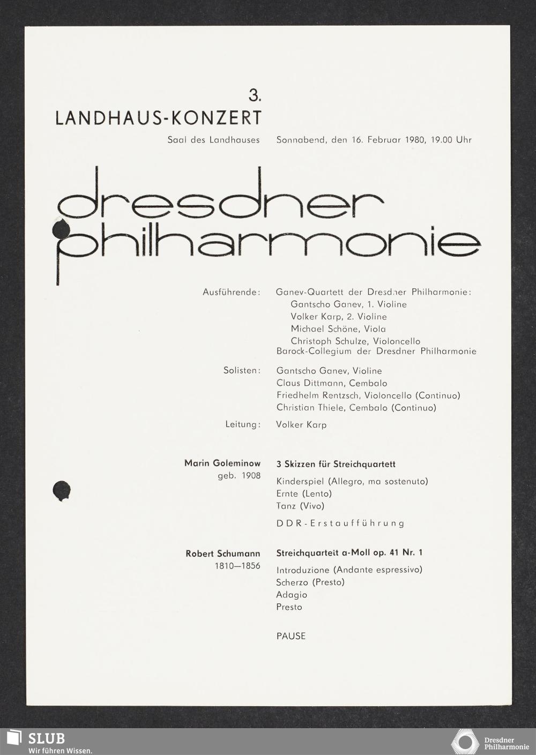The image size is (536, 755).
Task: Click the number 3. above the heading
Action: (255, 96)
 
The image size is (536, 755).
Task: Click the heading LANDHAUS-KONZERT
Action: (159, 118)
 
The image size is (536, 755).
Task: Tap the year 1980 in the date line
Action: (415, 140)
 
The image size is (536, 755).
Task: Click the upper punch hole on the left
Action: (62, 229)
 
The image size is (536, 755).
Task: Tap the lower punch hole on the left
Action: (62, 490)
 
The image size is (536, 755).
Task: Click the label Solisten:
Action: (242, 371)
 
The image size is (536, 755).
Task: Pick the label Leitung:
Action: (243, 424)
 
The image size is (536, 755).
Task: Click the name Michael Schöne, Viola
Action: (338, 329)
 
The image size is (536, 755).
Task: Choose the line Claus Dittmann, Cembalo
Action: (332, 383)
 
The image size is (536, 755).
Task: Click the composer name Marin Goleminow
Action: (222, 463)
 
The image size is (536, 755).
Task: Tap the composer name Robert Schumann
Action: (223, 554)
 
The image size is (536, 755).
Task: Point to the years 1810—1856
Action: (237, 566)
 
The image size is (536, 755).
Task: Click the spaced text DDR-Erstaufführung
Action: (340, 524)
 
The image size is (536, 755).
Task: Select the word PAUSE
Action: (291, 636)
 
